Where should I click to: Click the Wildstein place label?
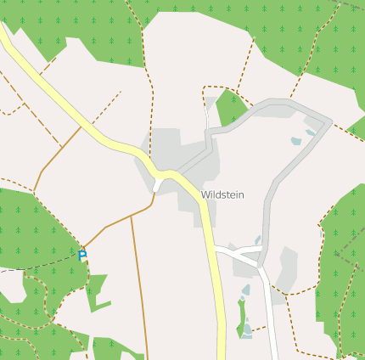[x=222, y=194]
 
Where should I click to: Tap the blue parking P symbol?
[x=82, y=256]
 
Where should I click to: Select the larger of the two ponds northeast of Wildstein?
[x=295, y=141]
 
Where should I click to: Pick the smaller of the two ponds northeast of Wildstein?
[x=311, y=132]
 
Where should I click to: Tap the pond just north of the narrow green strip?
[x=245, y=290]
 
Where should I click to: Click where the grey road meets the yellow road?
[x=174, y=172]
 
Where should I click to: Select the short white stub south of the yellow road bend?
[x=158, y=185]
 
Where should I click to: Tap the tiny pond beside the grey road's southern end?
[x=257, y=240]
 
